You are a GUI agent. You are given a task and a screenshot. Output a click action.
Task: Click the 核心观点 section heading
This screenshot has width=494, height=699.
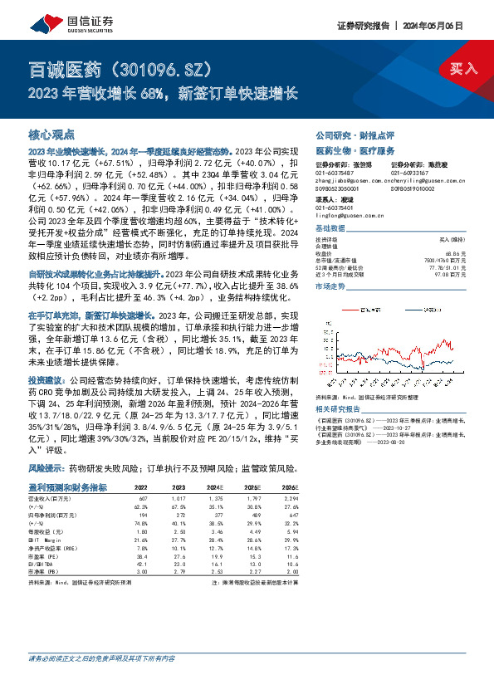(51, 133)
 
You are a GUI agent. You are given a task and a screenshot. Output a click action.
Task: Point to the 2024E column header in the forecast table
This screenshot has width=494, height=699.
(215, 487)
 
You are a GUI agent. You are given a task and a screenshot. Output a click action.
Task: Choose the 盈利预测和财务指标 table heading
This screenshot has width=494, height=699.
(68, 486)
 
